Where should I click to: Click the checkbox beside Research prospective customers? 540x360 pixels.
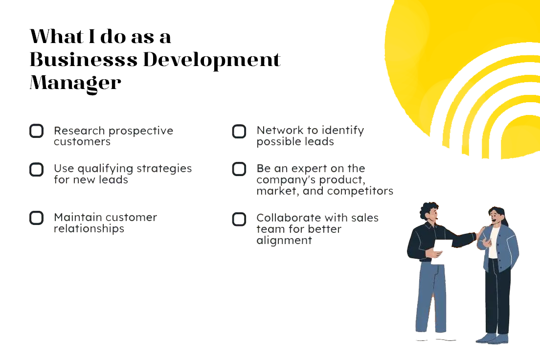click(x=37, y=131)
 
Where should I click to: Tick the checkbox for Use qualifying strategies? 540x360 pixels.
click(x=37, y=170)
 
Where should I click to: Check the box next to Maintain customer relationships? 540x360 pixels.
click(x=37, y=218)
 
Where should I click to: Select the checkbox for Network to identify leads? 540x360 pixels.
click(x=239, y=131)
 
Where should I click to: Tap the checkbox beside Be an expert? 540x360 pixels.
click(x=239, y=169)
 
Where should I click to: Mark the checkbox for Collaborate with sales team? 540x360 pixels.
click(x=239, y=219)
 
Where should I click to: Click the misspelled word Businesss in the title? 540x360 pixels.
click(x=84, y=59)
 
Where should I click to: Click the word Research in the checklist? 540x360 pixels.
click(x=80, y=131)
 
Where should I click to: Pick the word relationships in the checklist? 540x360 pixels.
click(x=89, y=229)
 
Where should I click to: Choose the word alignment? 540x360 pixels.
click(x=285, y=241)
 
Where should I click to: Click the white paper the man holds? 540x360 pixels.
click(x=442, y=251)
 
